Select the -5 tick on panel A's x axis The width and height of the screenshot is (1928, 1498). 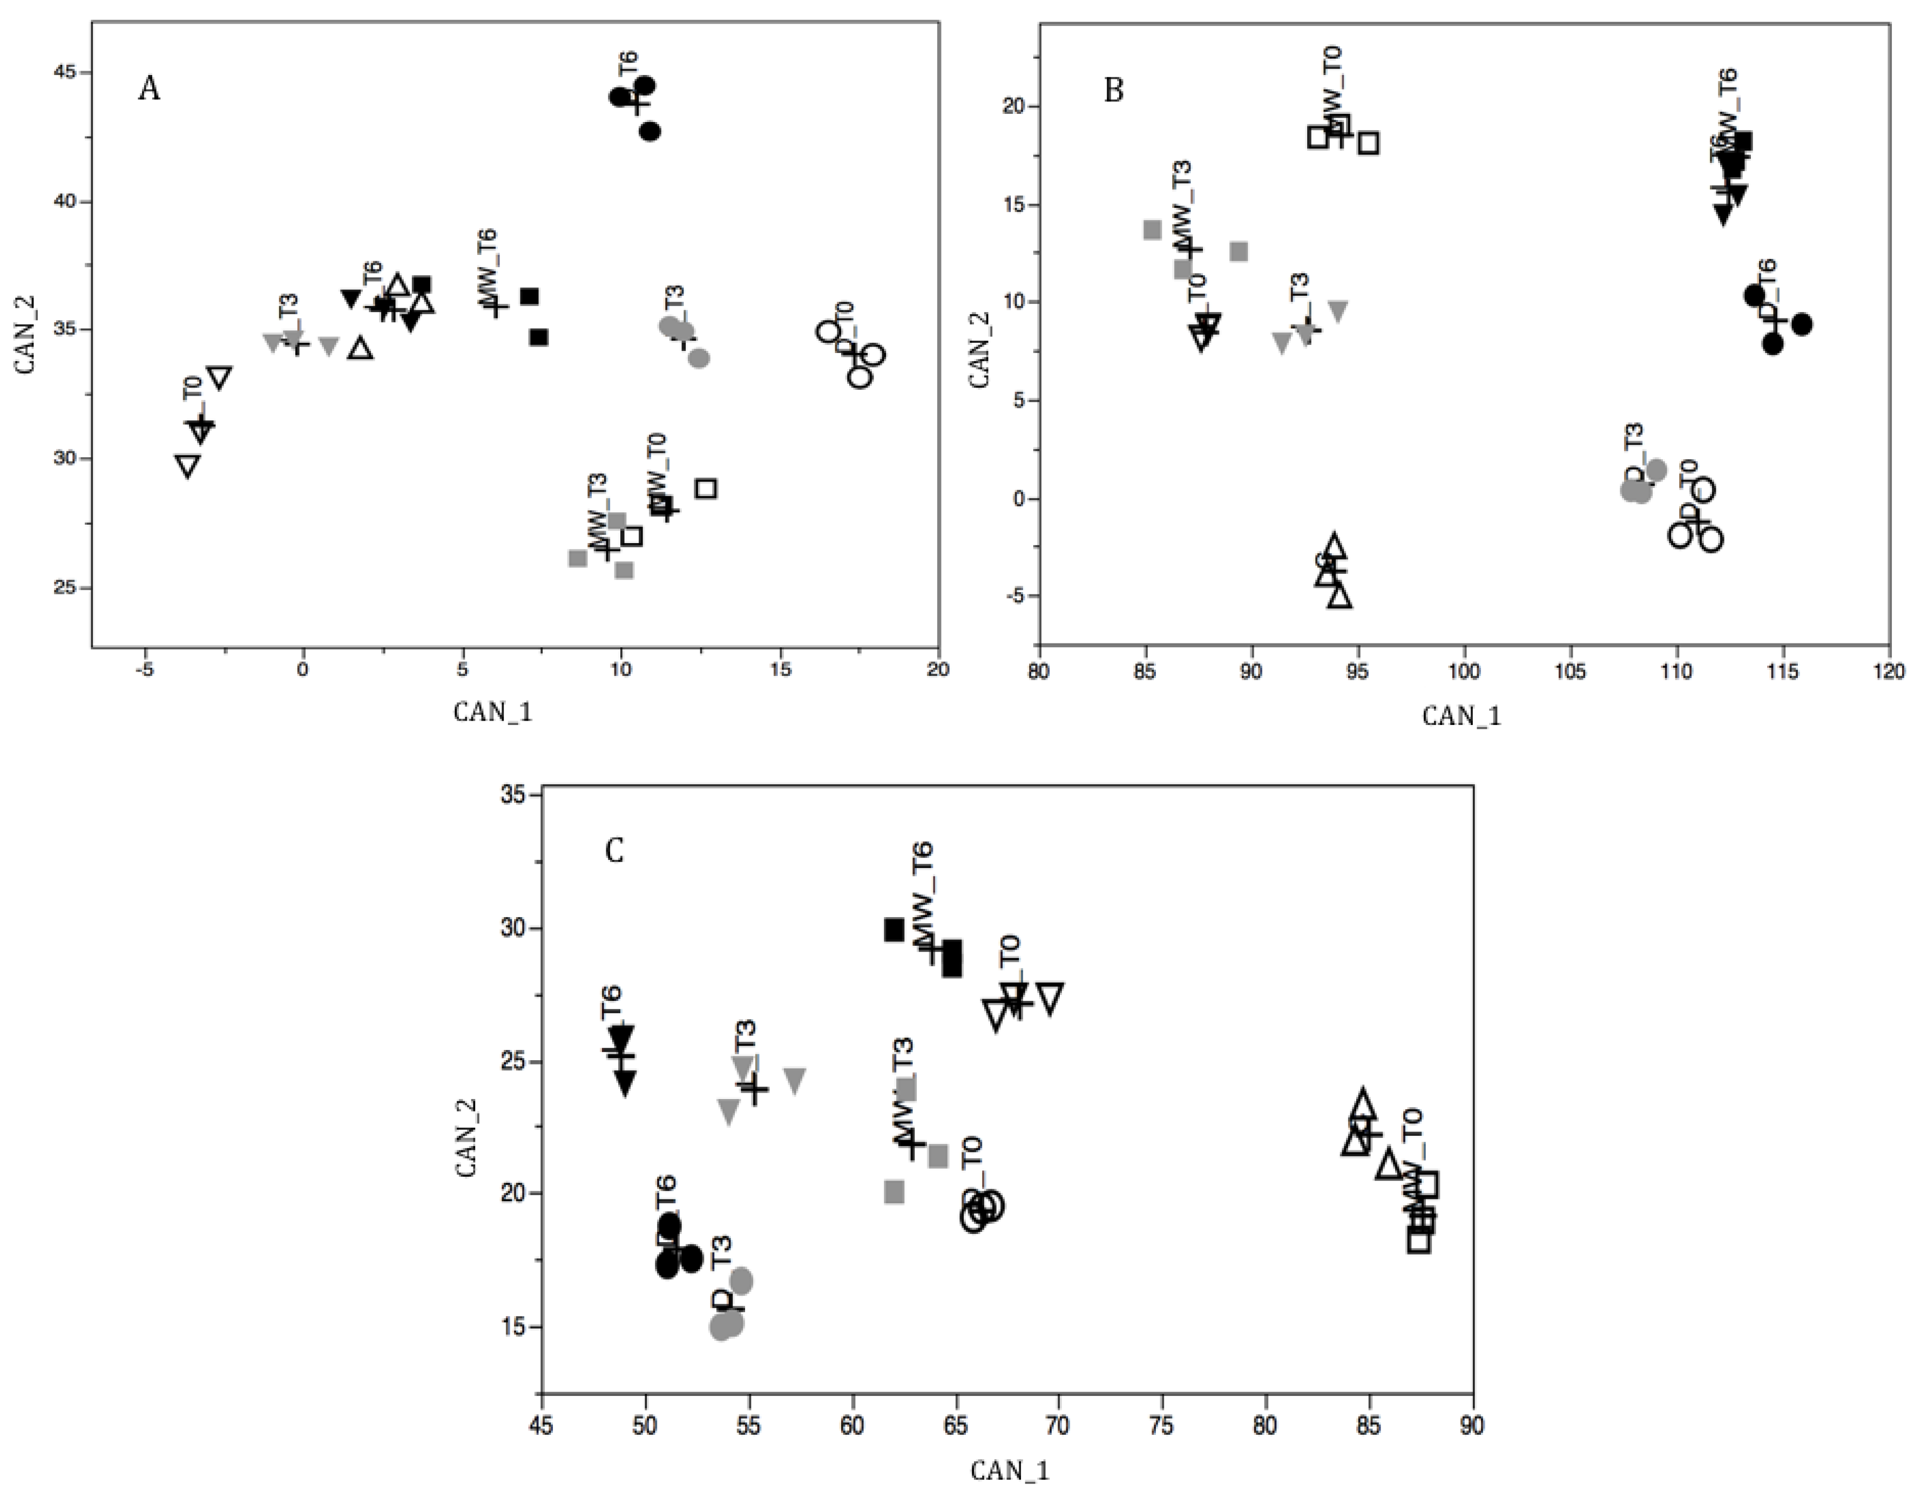(144, 670)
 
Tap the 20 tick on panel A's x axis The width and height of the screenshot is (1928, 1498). (938, 670)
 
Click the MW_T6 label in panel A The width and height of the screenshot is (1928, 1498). (488, 263)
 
